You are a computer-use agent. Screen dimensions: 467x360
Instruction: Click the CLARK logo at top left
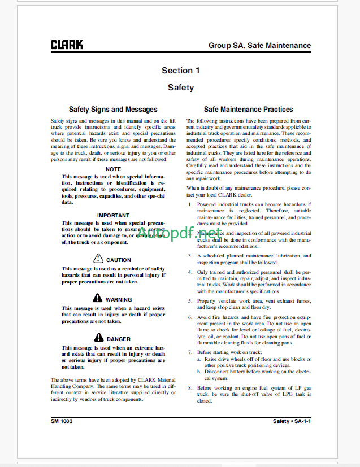pyautogui.click(x=67, y=45)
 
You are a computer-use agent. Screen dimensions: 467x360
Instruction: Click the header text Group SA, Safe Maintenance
pyautogui.click(x=259, y=45)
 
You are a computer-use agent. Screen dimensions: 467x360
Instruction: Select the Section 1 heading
pyautogui.click(x=180, y=71)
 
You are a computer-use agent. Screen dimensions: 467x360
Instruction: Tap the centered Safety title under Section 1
pyautogui.click(x=180, y=88)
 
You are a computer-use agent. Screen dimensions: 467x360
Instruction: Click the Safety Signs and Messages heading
pyautogui.click(x=113, y=110)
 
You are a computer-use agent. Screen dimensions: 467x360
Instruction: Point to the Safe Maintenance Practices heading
pyautogui.click(x=249, y=110)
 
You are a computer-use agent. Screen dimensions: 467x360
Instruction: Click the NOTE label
pyautogui.click(x=113, y=169)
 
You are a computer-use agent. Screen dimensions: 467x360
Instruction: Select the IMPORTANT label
pyautogui.click(x=113, y=215)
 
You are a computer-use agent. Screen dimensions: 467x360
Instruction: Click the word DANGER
pyautogui.click(x=119, y=339)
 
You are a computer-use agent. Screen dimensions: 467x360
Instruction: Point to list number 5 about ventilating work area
pyautogui.click(x=190, y=301)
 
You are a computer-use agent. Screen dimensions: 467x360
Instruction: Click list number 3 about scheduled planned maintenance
pyautogui.click(x=190, y=255)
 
